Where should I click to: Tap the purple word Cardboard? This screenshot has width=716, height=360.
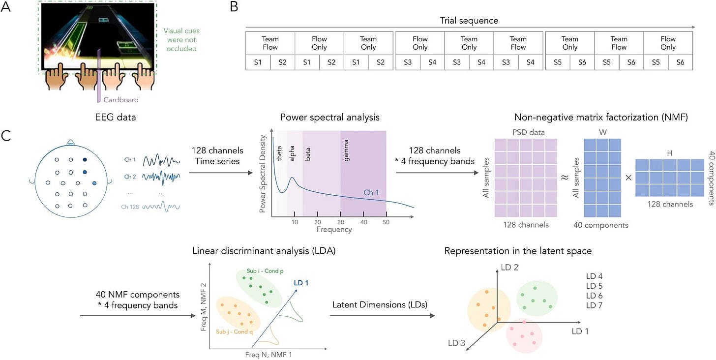coord(121,100)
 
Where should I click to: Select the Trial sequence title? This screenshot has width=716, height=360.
coord(469,21)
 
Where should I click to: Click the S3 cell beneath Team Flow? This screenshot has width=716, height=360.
coord(506,62)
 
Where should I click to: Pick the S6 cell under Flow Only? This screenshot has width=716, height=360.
coord(680,62)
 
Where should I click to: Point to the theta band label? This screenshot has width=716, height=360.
coord(280,143)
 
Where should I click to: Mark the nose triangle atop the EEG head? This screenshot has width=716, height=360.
coord(71,142)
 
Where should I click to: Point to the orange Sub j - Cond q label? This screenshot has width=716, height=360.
coord(235,331)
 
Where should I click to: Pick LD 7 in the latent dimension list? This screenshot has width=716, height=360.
coord(597,305)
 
